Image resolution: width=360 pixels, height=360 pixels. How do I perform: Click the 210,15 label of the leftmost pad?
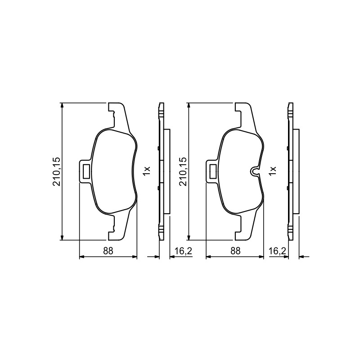tap(57, 171)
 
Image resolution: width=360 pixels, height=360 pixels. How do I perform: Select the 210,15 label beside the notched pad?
tap(183, 171)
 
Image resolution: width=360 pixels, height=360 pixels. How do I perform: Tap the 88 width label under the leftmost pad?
tap(108, 251)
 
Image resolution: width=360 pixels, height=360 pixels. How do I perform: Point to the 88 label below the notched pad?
tap(235, 251)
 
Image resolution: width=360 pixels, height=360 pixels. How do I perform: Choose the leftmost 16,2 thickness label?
tap(184, 251)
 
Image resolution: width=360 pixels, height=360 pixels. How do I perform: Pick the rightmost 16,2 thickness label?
tap(278, 251)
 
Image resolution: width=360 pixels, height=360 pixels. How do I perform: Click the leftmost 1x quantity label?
tap(147, 171)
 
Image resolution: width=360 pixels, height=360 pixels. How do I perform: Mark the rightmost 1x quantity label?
tap(273, 171)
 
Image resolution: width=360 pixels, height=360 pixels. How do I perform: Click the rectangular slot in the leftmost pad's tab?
tap(86, 171)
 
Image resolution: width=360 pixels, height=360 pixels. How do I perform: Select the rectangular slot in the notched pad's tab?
tap(213, 171)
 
